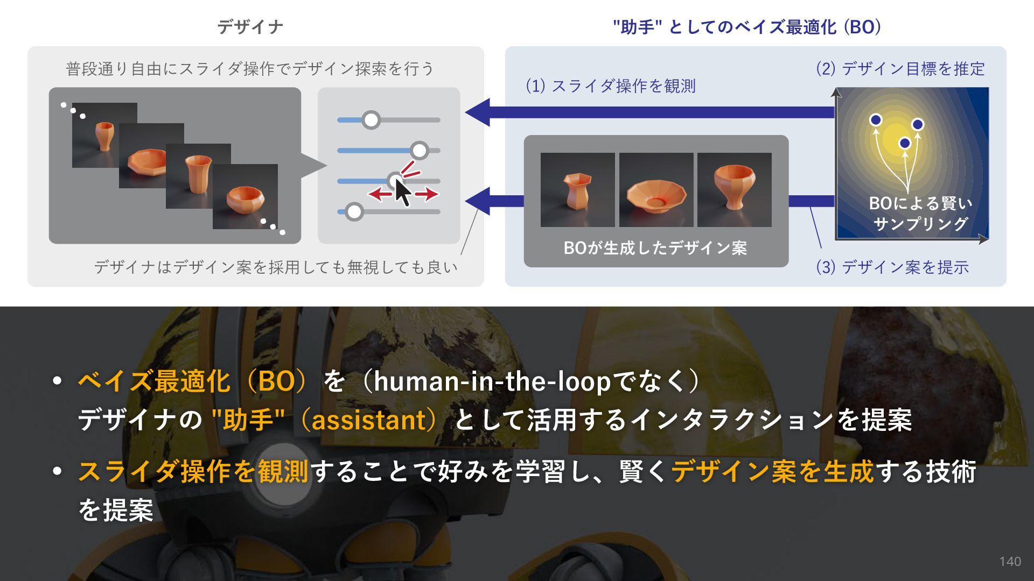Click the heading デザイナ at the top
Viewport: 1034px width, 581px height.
pyautogui.click(x=250, y=27)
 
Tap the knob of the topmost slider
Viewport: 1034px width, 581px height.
pyautogui.click(x=371, y=120)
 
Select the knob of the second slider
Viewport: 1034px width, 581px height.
pyautogui.click(x=419, y=151)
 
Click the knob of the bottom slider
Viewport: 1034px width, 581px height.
pyautogui.click(x=354, y=212)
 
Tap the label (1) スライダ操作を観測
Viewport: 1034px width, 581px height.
pyautogui.click(x=611, y=86)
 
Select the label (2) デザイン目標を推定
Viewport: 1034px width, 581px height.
pyautogui.click(x=900, y=69)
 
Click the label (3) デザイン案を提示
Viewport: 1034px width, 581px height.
pyautogui.click(x=892, y=267)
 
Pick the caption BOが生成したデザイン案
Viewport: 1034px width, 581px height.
pyautogui.click(x=655, y=248)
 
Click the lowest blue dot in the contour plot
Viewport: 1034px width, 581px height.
pyautogui.click(x=905, y=143)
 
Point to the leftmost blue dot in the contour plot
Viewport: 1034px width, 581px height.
pyautogui.click(x=876, y=119)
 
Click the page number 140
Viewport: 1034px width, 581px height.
pyautogui.click(x=1010, y=562)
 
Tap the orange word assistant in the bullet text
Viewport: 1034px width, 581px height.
pyautogui.click(x=369, y=420)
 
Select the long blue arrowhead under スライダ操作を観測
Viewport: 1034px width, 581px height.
pyautogui.click(x=478, y=112)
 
